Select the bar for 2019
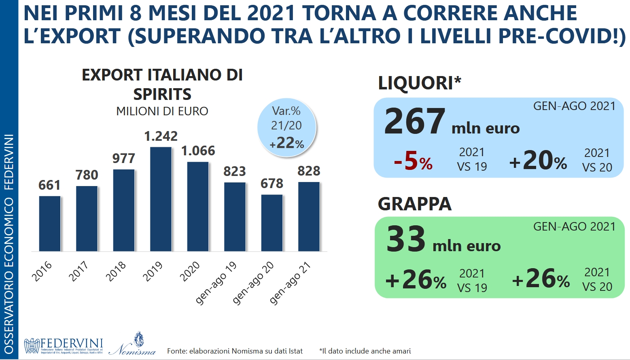(x=161, y=199)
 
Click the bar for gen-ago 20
(x=272, y=223)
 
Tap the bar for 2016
(x=50, y=224)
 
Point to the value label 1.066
(x=198, y=151)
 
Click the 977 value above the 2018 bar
(x=124, y=158)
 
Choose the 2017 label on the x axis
(x=78, y=271)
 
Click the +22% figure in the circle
(x=287, y=143)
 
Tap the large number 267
(x=415, y=121)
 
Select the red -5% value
(x=413, y=161)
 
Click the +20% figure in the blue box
(x=538, y=161)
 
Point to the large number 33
(x=406, y=239)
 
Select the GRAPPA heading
(x=415, y=204)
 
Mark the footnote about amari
(x=365, y=351)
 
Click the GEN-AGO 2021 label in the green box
(x=574, y=227)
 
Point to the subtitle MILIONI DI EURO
(x=162, y=111)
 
